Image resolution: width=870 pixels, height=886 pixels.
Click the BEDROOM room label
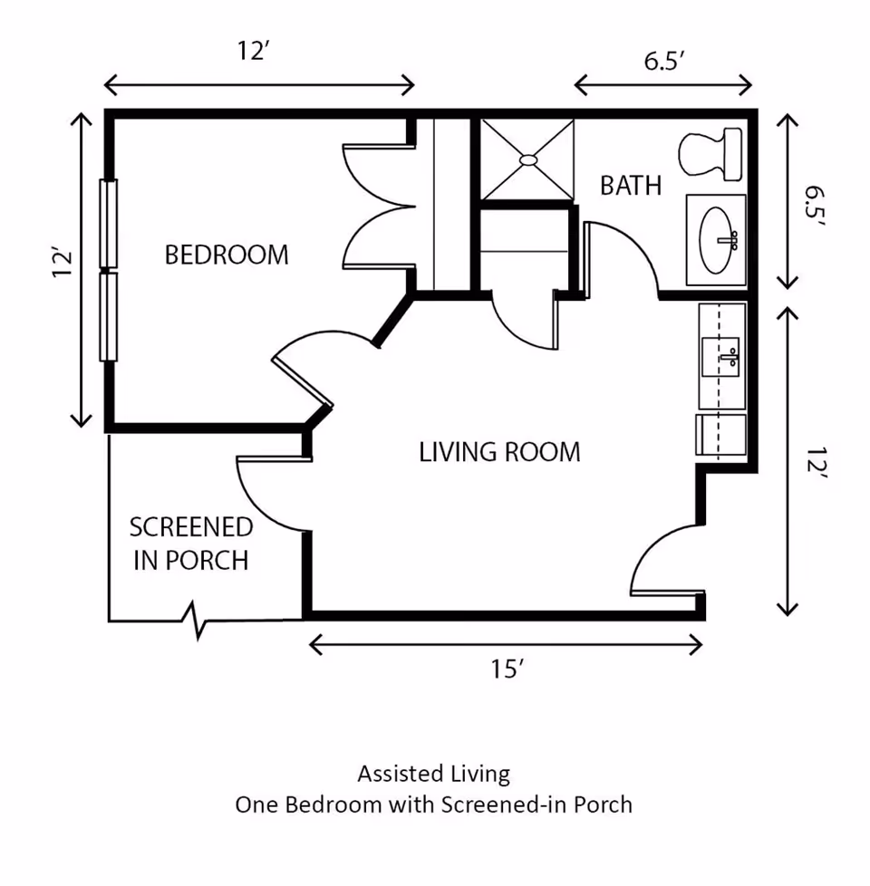(227, 255)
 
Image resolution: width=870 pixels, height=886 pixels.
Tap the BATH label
(631, 186)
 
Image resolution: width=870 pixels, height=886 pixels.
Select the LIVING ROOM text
(499, 451)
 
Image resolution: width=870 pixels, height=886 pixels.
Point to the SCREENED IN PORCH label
(191, 543)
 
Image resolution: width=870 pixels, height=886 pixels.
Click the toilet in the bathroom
(710, 153)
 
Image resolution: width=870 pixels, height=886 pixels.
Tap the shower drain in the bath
(528, 159)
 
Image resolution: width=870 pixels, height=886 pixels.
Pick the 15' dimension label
(508, 669)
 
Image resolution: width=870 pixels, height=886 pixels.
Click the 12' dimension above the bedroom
(256, 51)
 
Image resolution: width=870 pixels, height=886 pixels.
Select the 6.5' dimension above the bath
(664, 62)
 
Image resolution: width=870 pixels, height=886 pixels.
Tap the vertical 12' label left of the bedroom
(63, 264)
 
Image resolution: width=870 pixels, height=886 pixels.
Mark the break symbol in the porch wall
(198, 621)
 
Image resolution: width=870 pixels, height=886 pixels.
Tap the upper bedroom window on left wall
(110, 223)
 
